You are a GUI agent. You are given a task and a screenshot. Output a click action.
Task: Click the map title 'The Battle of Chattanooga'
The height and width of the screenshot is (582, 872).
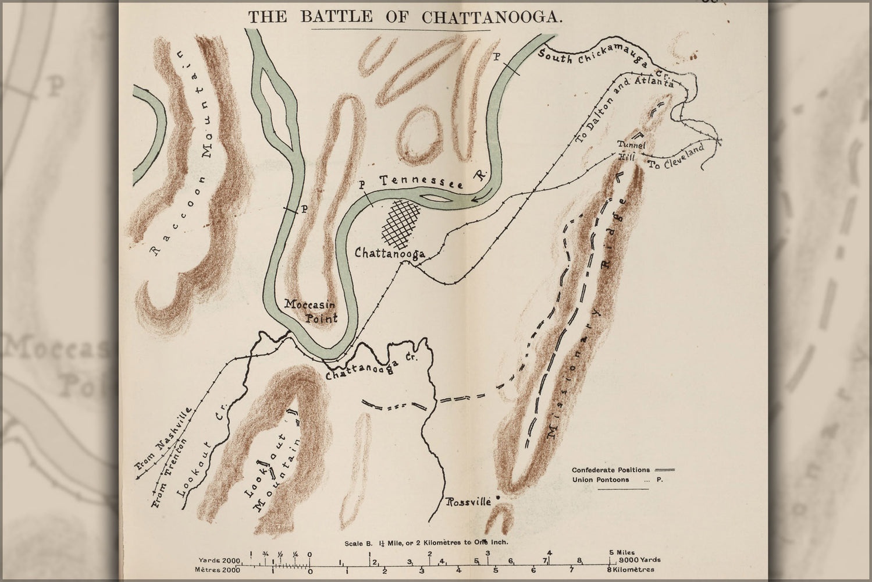click(x=405, y=16)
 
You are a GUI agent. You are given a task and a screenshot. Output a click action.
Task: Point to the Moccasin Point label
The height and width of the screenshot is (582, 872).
click(x=311, y=310)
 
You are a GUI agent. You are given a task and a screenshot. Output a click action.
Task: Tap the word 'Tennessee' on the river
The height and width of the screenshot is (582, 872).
click(x=421, y=182)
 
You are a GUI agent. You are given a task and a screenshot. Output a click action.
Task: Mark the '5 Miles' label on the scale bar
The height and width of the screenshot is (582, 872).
click(x=621, y=552)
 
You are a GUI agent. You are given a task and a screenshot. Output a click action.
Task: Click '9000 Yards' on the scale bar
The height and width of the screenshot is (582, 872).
click(x=640, y=560)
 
